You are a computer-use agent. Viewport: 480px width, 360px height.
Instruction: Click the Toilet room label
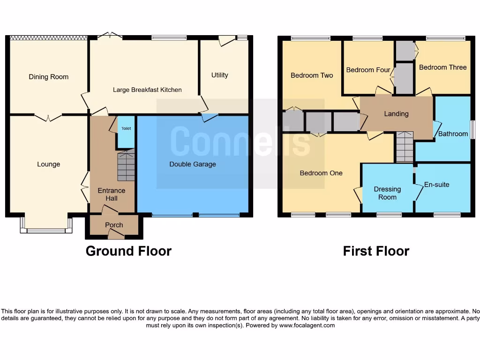point(126,128)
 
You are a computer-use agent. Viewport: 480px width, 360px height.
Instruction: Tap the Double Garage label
point(193,164)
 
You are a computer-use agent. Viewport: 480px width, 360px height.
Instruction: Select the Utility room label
point(219,75)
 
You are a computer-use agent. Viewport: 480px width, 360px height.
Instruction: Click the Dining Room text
point(48,77)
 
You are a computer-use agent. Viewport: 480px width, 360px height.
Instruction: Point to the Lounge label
point(49,164)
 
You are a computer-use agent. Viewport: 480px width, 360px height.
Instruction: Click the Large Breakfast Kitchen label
point(147,90)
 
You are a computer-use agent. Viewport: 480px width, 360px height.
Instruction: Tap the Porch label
point(114,225)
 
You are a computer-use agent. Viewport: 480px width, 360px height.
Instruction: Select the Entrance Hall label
point(112,194)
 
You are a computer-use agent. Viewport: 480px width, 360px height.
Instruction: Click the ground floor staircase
point(126,166)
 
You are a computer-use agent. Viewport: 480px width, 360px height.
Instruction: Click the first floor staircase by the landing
point(405,147)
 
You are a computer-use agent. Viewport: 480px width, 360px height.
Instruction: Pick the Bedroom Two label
point(312,75)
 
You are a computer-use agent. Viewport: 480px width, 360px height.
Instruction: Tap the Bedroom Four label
point(368,70)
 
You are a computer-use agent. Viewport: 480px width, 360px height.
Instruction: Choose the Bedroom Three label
point(442,67)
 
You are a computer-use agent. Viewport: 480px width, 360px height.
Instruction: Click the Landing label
point(396,113)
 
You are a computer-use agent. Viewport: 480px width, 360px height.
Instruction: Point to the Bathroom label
point(453,134)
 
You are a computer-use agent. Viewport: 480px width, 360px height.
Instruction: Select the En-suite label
point(436,184)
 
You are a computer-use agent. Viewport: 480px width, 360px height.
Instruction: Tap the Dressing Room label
point(387,193)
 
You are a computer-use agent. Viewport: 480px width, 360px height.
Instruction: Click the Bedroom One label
point(321,173)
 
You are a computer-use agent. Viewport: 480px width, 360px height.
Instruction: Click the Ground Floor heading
point(128,251)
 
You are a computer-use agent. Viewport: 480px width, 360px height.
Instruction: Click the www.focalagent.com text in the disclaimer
point(307,325)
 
